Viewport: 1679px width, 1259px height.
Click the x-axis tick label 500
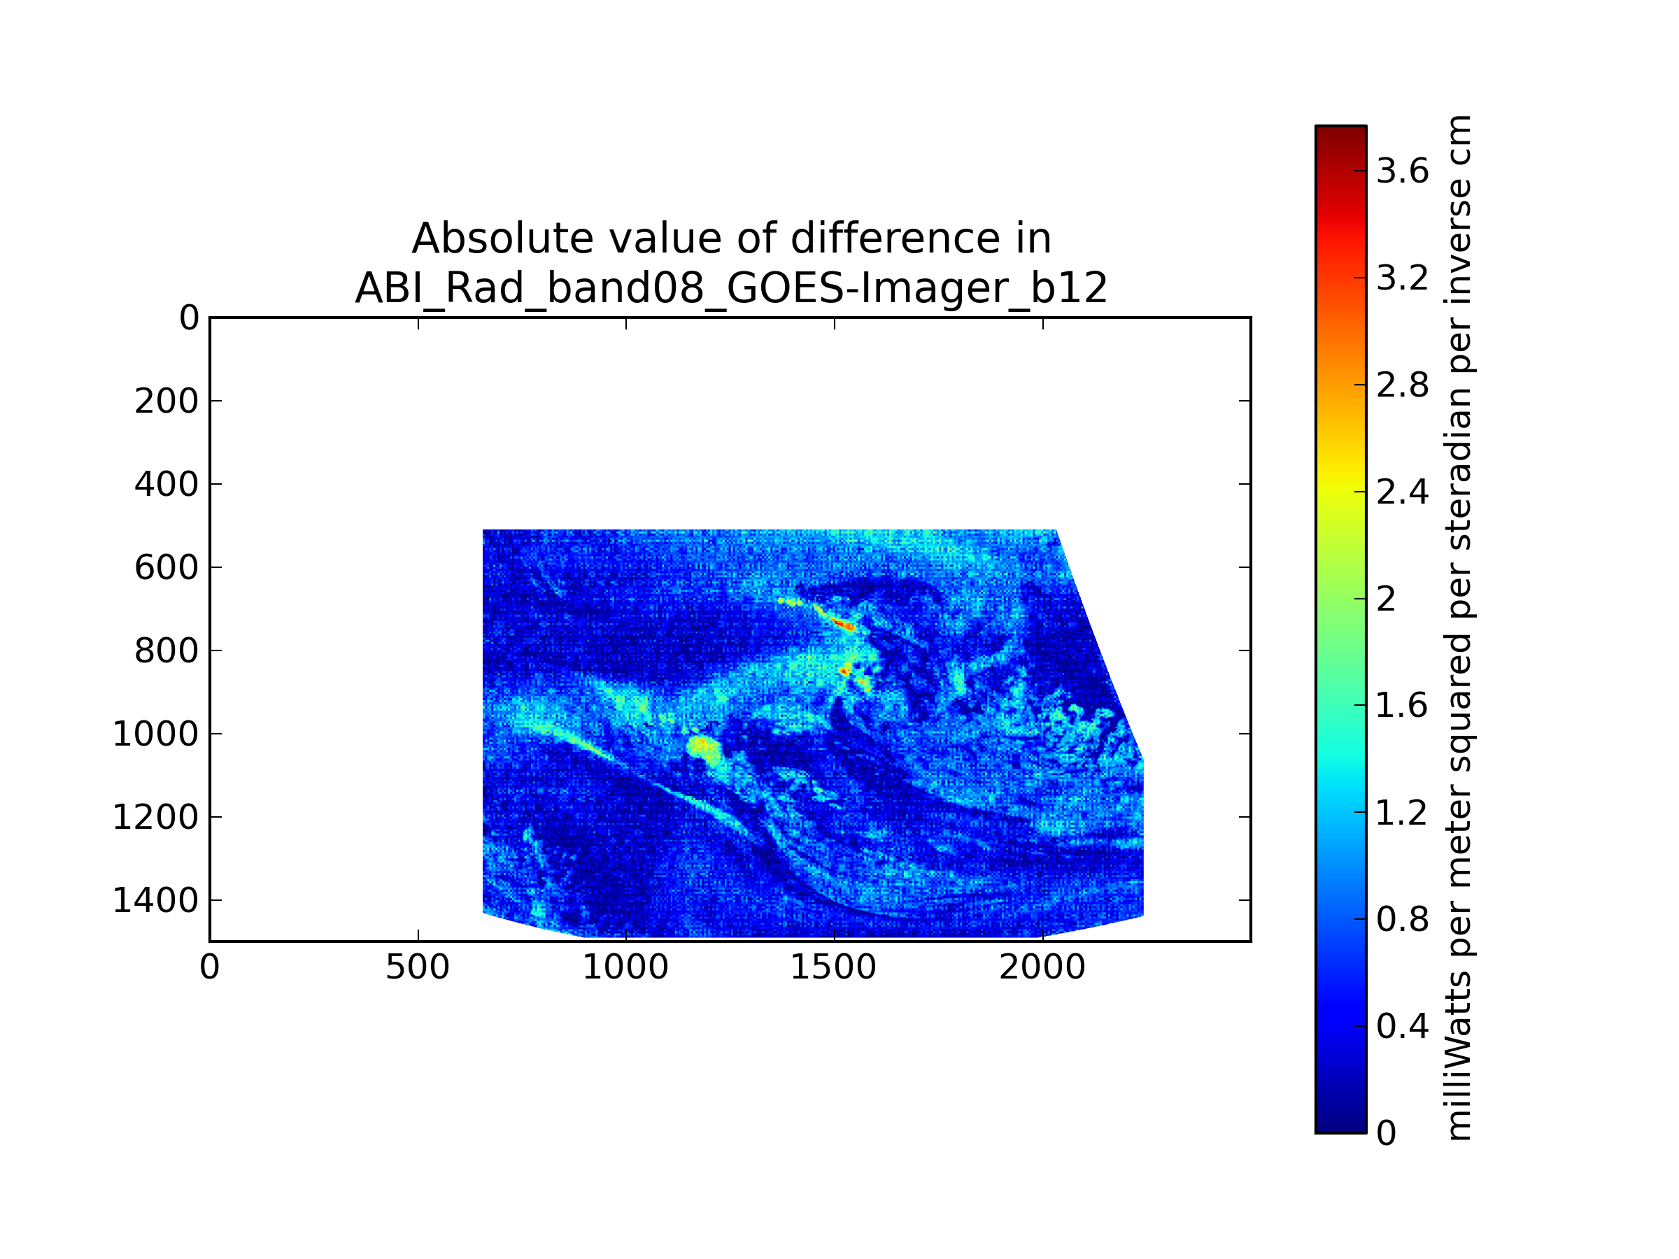coord(418,968)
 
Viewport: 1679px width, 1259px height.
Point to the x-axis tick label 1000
coord(625,968)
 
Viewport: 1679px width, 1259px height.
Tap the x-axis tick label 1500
coord(833,968)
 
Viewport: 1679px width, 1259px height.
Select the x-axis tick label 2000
coord(1042,968)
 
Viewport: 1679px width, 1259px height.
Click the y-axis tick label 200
coord(167,401)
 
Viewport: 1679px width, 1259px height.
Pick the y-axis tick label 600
coord(167,568)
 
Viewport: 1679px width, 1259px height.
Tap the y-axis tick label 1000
coord(155,734)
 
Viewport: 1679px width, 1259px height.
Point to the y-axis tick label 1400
coord(155,901)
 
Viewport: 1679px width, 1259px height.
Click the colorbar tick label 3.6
coord(1403,171)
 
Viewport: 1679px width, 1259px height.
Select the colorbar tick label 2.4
coord(1403,492)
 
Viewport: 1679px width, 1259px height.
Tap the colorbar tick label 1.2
coord(1403,813)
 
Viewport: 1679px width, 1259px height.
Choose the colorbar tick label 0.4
coord(1403,1027)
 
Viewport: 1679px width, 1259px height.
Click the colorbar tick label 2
coord(1386,599)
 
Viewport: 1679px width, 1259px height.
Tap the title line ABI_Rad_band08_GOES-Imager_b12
coord(731,288)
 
